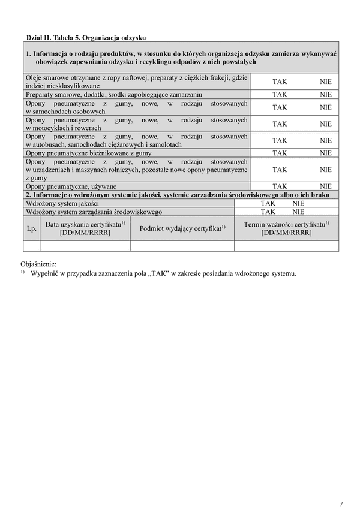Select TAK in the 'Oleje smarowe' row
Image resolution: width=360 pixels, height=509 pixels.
pyautogui.click(x=280, y=81)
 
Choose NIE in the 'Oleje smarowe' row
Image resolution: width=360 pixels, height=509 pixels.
pyautogui.click(x=326, y=81)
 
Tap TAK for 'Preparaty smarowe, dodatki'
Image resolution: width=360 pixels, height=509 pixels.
pyautogui.click(x=280, y=94)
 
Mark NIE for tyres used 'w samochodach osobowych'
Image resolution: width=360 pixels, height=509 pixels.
pyautogui.click(x=326, y=107)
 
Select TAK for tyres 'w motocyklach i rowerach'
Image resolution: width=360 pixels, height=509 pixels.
pyautogui.click(x=280, y=124)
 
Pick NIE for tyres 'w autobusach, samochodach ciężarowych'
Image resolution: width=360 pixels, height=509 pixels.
pyautogui.click(x=326, y=140)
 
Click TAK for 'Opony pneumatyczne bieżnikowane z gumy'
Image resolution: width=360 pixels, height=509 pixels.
pyautogui.click(x=280, y=153)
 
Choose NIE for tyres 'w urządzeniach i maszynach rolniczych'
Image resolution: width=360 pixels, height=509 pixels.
pyautogui.click(x=326, y=170)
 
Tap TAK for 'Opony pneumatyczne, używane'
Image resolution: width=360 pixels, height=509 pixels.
pyautogui.click(x=280, y=186)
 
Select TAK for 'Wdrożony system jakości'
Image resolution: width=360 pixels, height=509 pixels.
pyautogui.click(x=268, y=203)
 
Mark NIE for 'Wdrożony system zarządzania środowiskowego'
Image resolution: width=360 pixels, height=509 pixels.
pyautogui.click(x=298, y=212)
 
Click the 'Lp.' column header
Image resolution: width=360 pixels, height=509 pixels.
pyautogui.click(x=32, y=228)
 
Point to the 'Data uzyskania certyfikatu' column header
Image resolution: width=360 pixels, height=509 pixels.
pyautogui.click(x=85, y=228)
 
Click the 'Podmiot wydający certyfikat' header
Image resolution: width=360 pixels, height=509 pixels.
pyautogui.click(x=182, y=228)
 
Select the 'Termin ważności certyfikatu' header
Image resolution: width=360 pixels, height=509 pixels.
pyautogui.click(x=286, y=228)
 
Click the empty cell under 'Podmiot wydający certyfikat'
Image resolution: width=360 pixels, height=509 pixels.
pyautogui.click(x=182, y=245)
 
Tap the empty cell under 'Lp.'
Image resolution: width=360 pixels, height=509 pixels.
pyautogui.click(x=32, y=245)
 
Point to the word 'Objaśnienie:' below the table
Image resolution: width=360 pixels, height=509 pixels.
pyautogui.click(x=38, y=263)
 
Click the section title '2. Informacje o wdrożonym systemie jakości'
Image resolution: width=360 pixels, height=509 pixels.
pyautogui.click(x=179, y=195)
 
